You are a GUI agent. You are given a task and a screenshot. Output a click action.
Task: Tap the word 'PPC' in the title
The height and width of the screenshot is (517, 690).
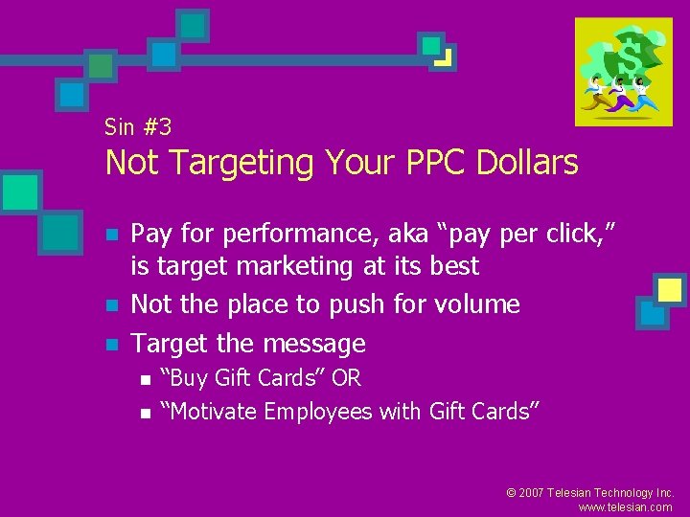coord(431,164)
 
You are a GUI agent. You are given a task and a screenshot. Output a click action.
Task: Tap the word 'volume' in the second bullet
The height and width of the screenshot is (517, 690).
coord(475,304)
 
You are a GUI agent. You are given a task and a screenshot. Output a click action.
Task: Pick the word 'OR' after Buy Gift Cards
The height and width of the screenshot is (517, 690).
coord(346,379)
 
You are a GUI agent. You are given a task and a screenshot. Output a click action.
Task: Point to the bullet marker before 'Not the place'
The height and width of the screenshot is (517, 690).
coord(112,306)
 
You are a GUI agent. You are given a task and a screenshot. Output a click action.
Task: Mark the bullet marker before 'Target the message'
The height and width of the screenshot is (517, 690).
coord(112,345)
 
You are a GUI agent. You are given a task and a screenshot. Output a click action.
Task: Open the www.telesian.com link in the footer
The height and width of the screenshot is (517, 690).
coord(626,507)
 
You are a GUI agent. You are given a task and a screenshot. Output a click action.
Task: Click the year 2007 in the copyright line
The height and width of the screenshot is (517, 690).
coord(533,492)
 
